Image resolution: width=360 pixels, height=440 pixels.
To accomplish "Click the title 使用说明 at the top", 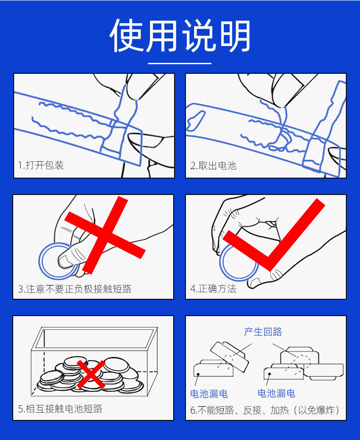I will click(x=180, y=36).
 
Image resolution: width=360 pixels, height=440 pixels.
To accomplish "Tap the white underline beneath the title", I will click(x=180, y=63).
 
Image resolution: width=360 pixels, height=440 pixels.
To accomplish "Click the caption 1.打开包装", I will click(x=41, y=165).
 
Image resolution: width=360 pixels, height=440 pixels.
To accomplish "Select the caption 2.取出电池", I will click(x=213, y=165).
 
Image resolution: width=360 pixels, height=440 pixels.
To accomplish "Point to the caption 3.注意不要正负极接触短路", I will click(x=75, y=289).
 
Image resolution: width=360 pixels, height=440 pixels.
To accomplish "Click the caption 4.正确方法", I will click(x=213, y=289).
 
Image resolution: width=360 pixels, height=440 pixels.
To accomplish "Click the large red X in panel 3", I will click(x=105, y=235).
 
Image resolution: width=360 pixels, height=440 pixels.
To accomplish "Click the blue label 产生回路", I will click(x=263, y=332).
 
